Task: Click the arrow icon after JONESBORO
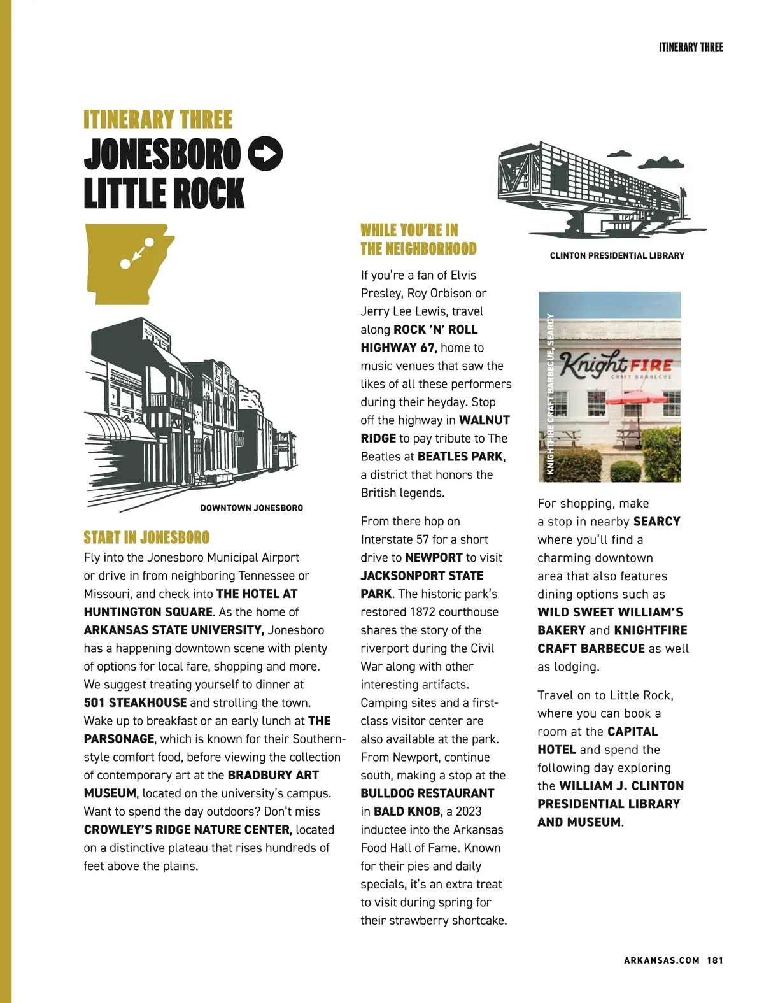tap(265, 153)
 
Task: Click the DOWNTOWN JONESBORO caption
tap(251, 508)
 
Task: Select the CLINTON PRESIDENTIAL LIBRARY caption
tap(617, 255)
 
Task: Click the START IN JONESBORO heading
tap(146, 537)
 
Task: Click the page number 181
tap(715, 960)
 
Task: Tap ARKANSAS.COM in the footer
tap(661, 960)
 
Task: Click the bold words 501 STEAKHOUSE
tap(135, 702)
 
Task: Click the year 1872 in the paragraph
tap(425, 612)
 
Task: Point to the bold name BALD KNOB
tap(407, 811)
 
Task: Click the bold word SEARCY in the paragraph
tap(657, 522)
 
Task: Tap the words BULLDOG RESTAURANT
tap(427, 793)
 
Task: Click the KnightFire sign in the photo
tap(616, 366)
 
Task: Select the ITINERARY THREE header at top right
tap(691, 47)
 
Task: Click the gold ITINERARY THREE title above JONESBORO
tap(158, 120)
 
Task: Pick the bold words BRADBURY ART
tap(273, 775)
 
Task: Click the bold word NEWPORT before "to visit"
tap(434, 558)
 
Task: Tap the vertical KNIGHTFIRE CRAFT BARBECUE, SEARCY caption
tap(551, 394)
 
